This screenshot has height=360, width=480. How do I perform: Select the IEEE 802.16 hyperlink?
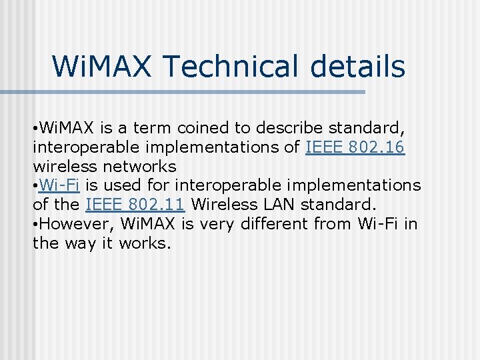pos(355,147)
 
